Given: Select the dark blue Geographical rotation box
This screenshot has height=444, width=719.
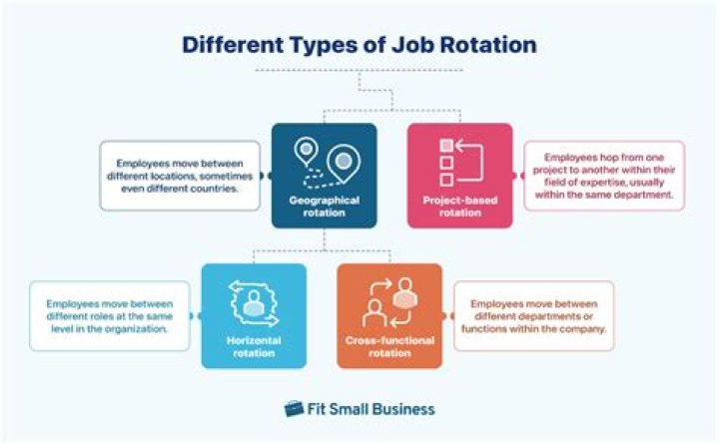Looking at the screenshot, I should pos(325,176).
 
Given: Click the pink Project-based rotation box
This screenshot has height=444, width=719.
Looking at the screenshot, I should pos(459,176).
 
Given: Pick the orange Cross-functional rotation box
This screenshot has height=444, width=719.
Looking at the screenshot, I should pos(389,315).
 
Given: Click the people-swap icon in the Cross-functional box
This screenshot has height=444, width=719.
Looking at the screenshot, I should pos(389,302).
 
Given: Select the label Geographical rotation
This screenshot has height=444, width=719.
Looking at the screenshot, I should pos(325,207).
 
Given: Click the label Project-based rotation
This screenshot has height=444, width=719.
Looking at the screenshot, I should pos(459,205).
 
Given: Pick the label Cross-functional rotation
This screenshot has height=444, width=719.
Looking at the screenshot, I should pos(389,346).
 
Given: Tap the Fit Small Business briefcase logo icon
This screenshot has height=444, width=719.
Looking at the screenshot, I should pos(294,408).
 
